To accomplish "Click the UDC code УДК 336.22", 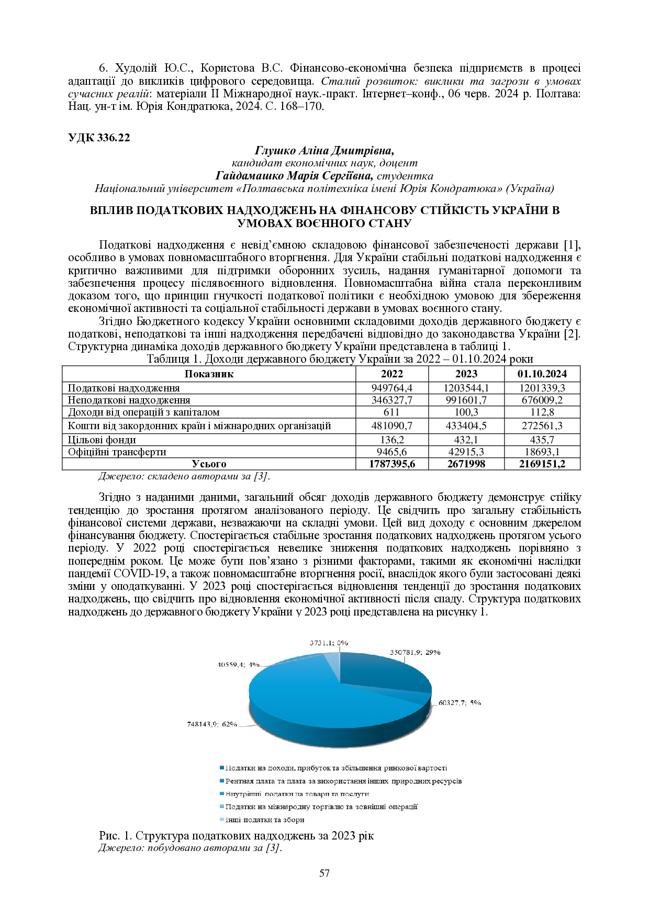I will click(x=99, y=138).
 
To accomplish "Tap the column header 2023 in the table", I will click(x=466, y=374).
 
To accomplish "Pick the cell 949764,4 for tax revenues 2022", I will click(x=391, y=388).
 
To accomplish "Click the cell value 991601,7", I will click(x=466, y=400).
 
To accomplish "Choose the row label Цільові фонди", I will click(x=102, y=440).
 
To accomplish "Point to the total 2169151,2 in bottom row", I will click(x=542, y=464).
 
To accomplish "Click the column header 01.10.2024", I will click(x=542, y=374).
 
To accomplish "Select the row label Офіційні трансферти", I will click(x=117, y=452).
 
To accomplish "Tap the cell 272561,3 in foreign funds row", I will click(x=542, y=426).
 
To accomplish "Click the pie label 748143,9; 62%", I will click(x=212, y=724).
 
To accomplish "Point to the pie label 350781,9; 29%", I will click(x=415, y=652).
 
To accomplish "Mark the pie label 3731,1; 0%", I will click(x=329, y=643).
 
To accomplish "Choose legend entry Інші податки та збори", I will click(x=264, y=820).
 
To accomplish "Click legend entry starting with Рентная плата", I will click(x=343, y=781).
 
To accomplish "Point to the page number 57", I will click(x=324, y=873).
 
